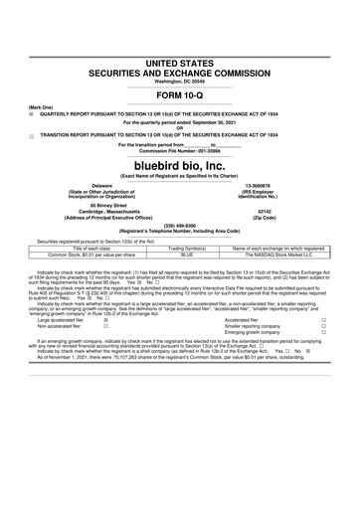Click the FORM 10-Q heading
pyautogui.click(x=180, y=96)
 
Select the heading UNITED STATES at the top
pyautogui.click(x=180, y=63)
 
